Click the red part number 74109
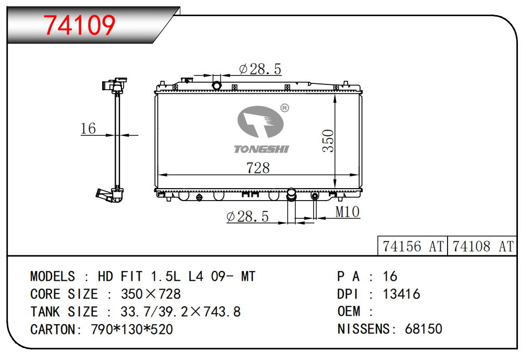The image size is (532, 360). point(79,25)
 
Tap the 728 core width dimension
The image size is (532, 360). point(258,168)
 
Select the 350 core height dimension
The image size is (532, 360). point(328,141)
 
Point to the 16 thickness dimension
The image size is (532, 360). point(88,128)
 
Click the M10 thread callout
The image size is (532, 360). point(347,212)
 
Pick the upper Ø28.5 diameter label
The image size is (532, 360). point(260,69)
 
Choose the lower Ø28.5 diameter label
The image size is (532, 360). point(248,216)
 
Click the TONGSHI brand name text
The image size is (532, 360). point(261,149)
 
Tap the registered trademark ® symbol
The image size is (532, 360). point(284,108)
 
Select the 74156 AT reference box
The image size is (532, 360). point(413,246)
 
